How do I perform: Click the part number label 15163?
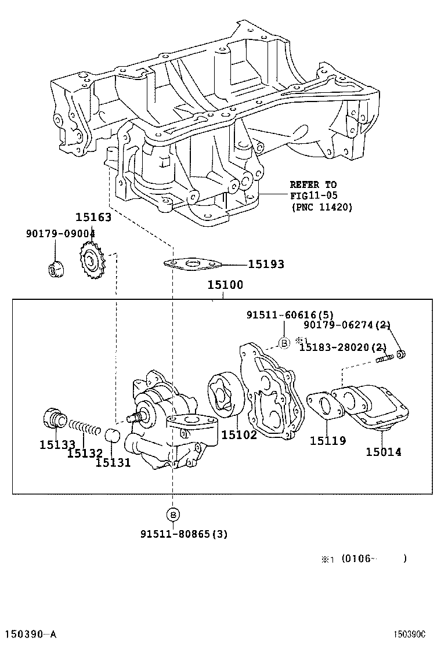coord(93,218)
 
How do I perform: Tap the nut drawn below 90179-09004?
coord(55,270)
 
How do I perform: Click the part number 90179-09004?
coord(60,233)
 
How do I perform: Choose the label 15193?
coord(266,264)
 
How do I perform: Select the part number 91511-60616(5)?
coord(290,315)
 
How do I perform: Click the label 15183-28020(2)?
coord(342,347)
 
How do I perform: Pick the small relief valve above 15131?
coord(111,436)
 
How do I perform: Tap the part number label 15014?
coord(383,451)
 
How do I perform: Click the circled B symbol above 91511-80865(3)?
coord(173,514)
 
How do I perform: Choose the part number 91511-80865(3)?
coord(183,534)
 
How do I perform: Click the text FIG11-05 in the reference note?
coord(314,195)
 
